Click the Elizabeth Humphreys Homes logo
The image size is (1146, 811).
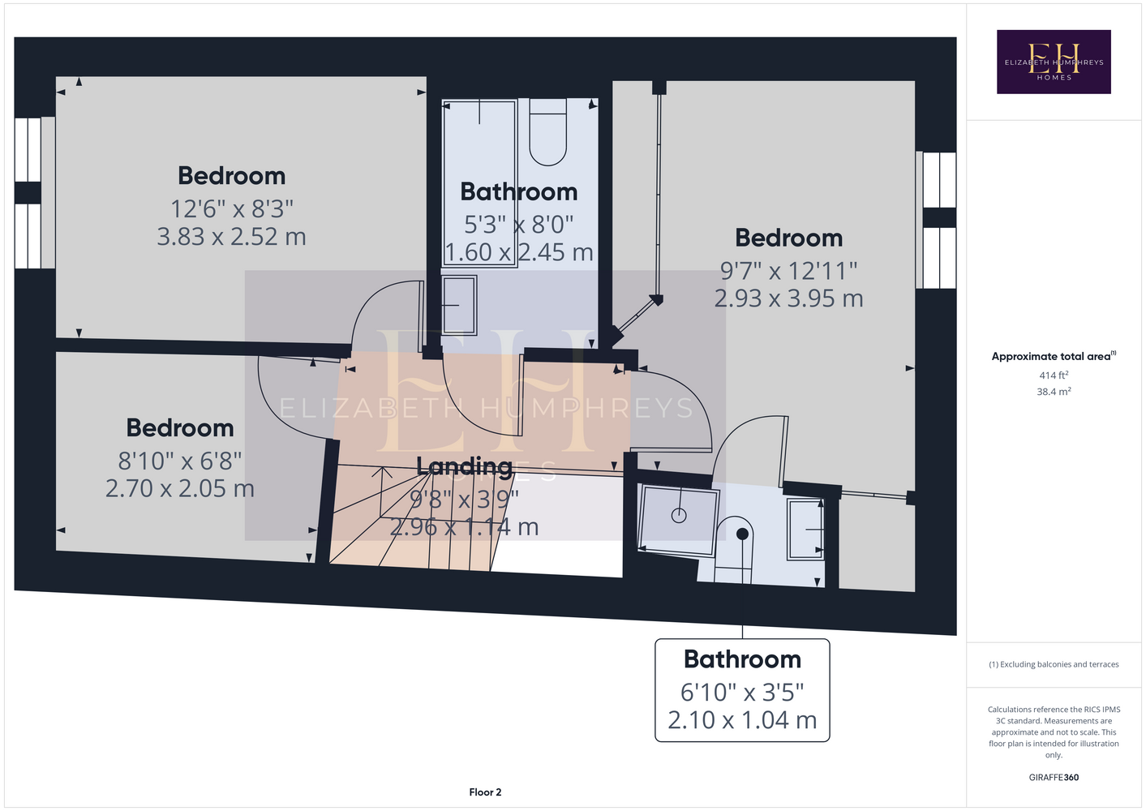click(1054, 62)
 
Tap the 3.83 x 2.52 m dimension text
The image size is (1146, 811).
click(231, 237)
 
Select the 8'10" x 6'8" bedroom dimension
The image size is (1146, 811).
click(179, 461)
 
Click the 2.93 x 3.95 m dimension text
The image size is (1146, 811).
click(788, 298)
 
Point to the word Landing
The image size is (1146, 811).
click(464, 466)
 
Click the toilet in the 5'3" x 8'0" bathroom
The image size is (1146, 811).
click(548, 132)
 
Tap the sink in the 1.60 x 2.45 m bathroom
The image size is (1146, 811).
click(459, 306)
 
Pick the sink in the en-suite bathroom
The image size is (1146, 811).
click(806, 530)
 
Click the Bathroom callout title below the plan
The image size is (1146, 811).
click(742, 659)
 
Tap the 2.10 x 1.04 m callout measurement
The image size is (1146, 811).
click(742, 720)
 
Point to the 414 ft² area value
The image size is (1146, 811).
click(1054, 375)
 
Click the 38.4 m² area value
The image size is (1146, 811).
click(1054, 392)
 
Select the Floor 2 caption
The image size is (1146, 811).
click(485, 792)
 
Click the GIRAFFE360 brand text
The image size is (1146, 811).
click(1054, 777)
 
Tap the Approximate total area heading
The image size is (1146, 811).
click(1054, 356)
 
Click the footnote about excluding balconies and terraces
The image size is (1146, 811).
click(1054, 664)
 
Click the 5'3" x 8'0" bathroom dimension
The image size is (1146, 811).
click(518, 225)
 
